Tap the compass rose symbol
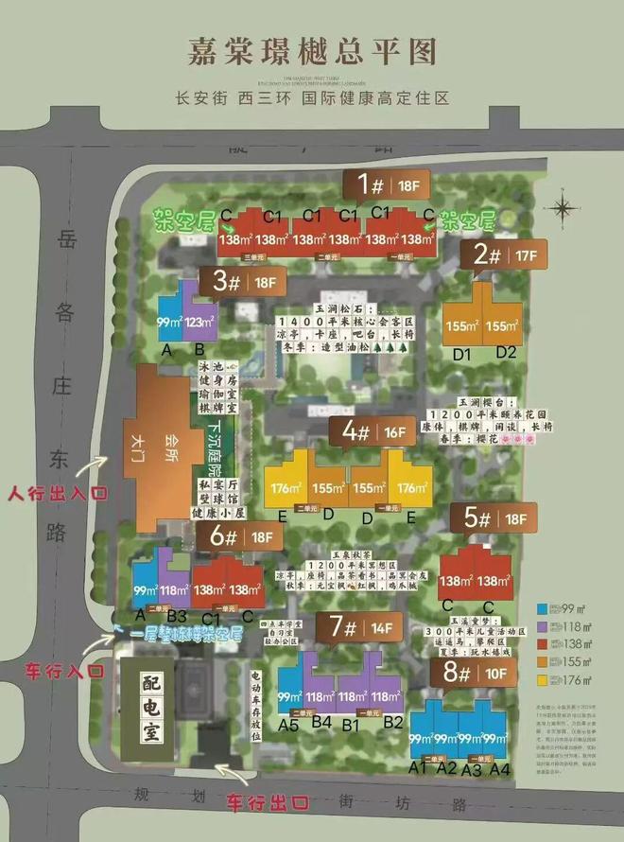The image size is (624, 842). [x=564, y=205]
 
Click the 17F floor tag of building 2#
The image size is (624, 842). [x=527, y=254]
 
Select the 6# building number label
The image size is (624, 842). [x=222, y=536]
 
